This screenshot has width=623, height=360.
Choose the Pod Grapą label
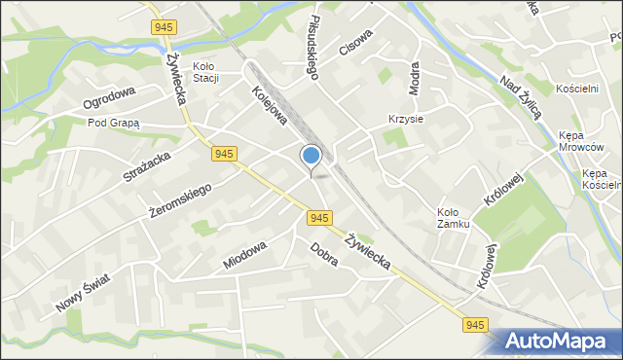tap(114, 124)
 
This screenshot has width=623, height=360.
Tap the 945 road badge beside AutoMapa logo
tap(473, 324)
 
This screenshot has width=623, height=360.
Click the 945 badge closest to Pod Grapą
tap(224, 154)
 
